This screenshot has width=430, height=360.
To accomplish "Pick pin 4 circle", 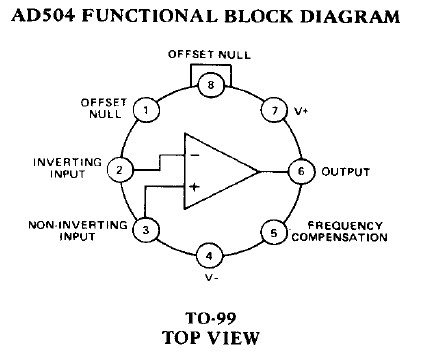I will tap(209, 256).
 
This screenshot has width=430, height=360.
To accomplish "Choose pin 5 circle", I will tap(272, 232).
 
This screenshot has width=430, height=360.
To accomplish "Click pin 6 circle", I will tap(297, 171).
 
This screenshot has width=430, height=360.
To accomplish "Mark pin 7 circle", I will tap(271, 109).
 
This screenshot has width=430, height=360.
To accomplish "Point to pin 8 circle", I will tap(209, 84).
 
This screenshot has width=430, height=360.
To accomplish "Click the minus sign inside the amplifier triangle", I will tap(195, 156).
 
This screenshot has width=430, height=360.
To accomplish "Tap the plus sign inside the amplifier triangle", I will tap(195, 186).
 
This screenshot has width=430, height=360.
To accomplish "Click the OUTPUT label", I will tap(346, 171).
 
